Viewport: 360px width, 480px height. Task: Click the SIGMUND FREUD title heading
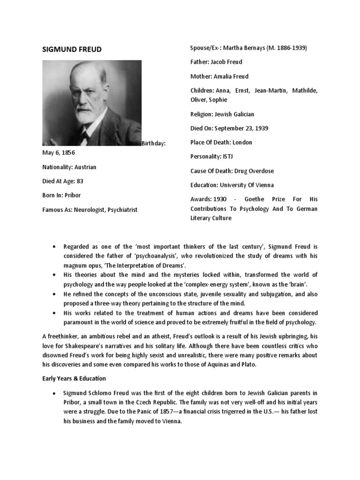click(72, 49)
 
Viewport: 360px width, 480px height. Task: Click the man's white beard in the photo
click(84, 112)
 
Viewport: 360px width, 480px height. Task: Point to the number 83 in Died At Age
click(80, 181)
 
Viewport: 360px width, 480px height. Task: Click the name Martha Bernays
click(244, 48)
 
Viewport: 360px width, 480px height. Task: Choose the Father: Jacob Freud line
click(216, 62)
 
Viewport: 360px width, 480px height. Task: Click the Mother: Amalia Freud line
click(219, 76)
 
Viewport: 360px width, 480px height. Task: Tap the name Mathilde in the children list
click(303, 90)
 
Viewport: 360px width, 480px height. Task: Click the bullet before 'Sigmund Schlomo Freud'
click(55, 393)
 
